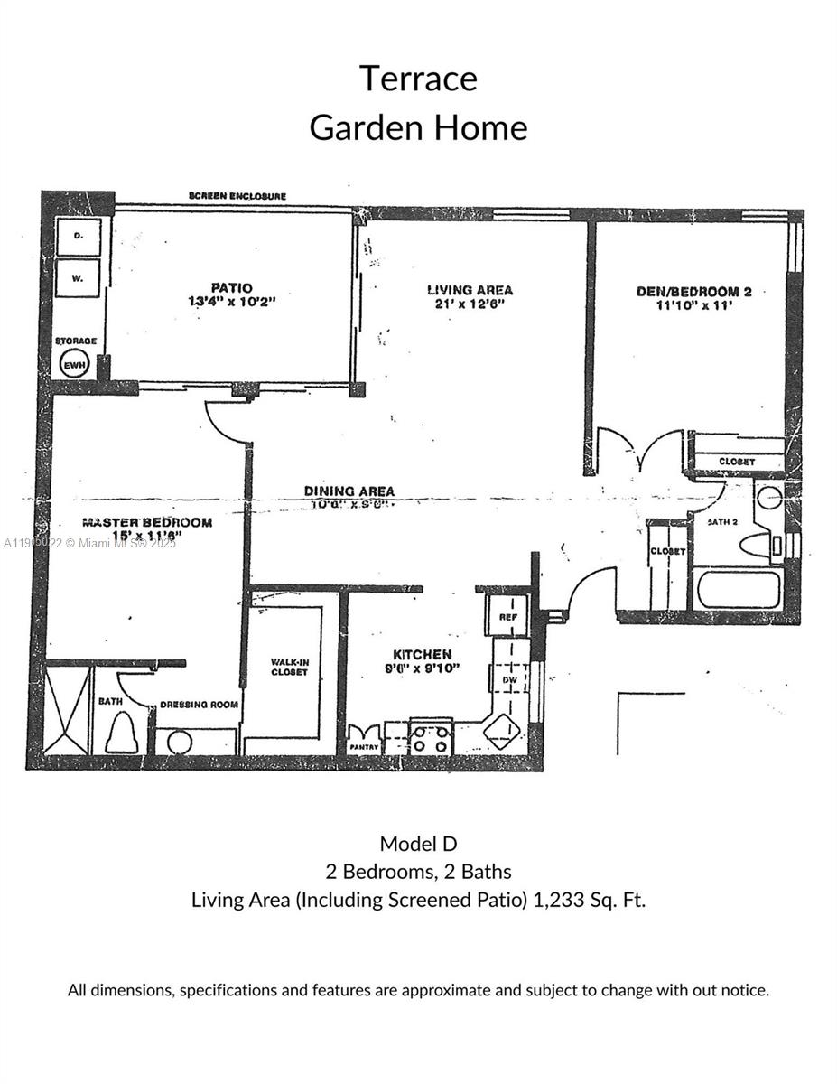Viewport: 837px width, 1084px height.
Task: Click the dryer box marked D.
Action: point(78,237)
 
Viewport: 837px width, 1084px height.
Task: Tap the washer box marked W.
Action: point(78,278)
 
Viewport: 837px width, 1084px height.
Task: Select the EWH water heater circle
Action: point(75,365)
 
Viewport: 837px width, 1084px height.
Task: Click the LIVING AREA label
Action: point(470,290)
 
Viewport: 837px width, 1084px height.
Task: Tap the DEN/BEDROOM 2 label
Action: point(693,292)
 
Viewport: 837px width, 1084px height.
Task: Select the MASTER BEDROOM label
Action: point(147,522)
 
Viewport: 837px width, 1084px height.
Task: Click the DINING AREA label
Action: point(349,491)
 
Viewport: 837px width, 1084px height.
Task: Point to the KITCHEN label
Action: point(422,654)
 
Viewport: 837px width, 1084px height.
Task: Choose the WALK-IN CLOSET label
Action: point(289,667)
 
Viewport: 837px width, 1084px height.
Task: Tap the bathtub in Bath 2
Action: point(738,590)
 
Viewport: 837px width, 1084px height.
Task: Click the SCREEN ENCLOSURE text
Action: point(237,196)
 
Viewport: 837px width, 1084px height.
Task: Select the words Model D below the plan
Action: point(418,844)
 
